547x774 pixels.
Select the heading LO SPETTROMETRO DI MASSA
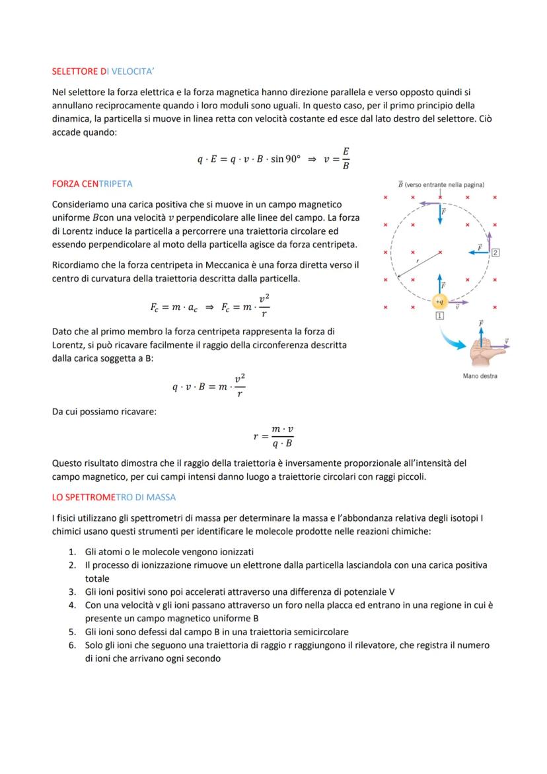[114, 497]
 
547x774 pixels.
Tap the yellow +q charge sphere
[440, 301]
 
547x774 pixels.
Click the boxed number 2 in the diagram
[495, 252]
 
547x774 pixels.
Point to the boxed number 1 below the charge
[440, 317]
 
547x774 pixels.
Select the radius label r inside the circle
[417, 262]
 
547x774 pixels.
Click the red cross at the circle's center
[440, 252]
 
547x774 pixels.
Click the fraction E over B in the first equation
[346, 159]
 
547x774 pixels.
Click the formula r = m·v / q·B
[273, 436]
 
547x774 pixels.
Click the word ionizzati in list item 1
[232, 552]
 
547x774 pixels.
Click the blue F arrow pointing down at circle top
[440, 213]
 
